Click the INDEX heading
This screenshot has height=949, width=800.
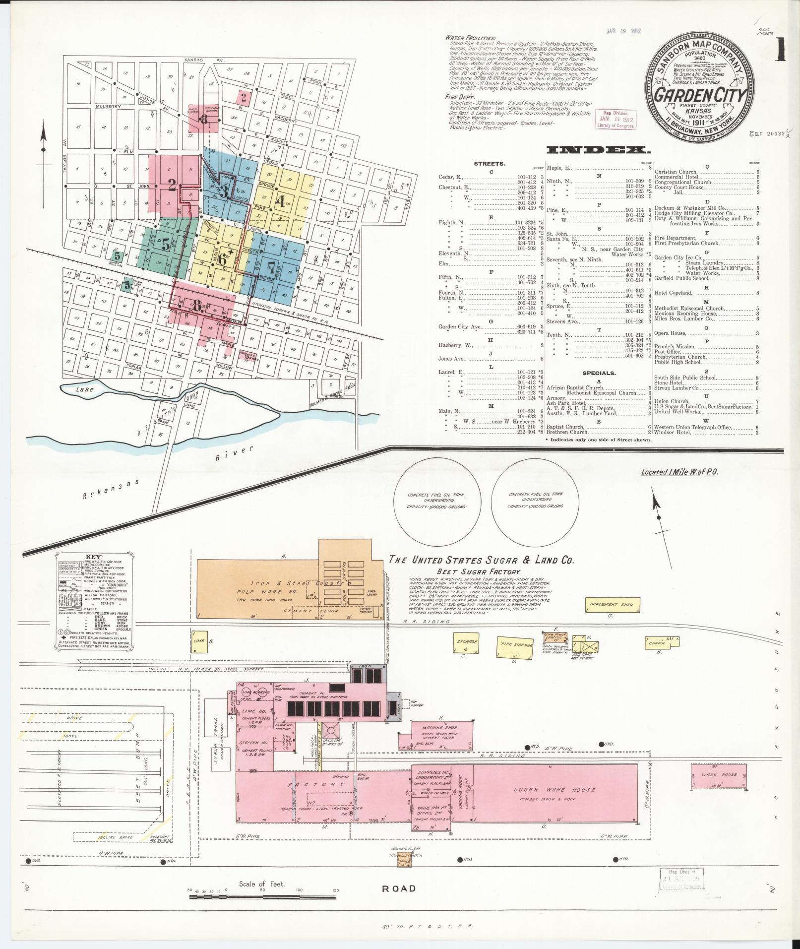pyautogui.click(x=598, y=150)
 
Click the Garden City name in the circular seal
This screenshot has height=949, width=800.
pyautogui.click(x=700, y=94)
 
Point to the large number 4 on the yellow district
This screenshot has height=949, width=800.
pyautogui.click(x=280, y=202)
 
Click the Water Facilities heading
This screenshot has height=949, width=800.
pyautogui.click(x=470, y=38)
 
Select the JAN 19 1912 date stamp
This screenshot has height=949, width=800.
pyautogui.click(x=623, y=31)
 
